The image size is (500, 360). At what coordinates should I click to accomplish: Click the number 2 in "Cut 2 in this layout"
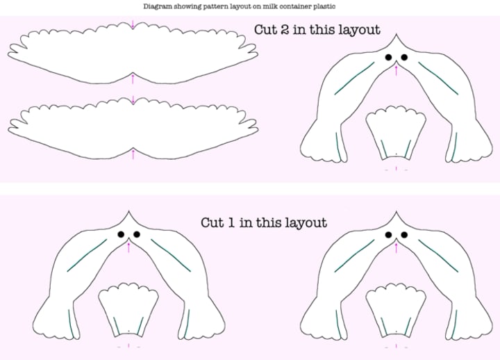tap(286, 30)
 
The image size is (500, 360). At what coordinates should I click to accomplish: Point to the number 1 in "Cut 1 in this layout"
tap(232, 222)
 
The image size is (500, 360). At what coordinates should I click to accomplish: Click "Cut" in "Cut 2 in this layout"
tap(265, 30)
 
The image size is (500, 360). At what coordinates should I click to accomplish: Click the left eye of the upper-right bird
tap(388, 58)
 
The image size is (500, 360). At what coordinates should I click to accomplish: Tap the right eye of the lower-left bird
tap(137, 235)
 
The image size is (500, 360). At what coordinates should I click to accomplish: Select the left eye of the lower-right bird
tap(388, 235)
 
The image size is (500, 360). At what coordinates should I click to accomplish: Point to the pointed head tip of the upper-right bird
tap(396, 34)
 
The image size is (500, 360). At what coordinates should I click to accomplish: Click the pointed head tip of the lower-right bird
tap(397, 211)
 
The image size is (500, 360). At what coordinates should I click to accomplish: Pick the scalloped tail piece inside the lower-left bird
tap(128, 309)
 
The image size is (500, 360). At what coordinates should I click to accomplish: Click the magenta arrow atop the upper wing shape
tap(133, 25)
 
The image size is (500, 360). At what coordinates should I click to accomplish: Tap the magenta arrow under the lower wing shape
tap(133, 154)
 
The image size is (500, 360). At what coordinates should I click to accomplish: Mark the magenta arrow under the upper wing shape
tap(133, 79)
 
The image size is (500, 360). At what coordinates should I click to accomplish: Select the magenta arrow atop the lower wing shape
tap(133, 100)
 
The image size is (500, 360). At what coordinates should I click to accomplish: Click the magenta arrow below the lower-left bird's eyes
tap(129, 247)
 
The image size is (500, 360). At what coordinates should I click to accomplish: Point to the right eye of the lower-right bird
tap(404, 235)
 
